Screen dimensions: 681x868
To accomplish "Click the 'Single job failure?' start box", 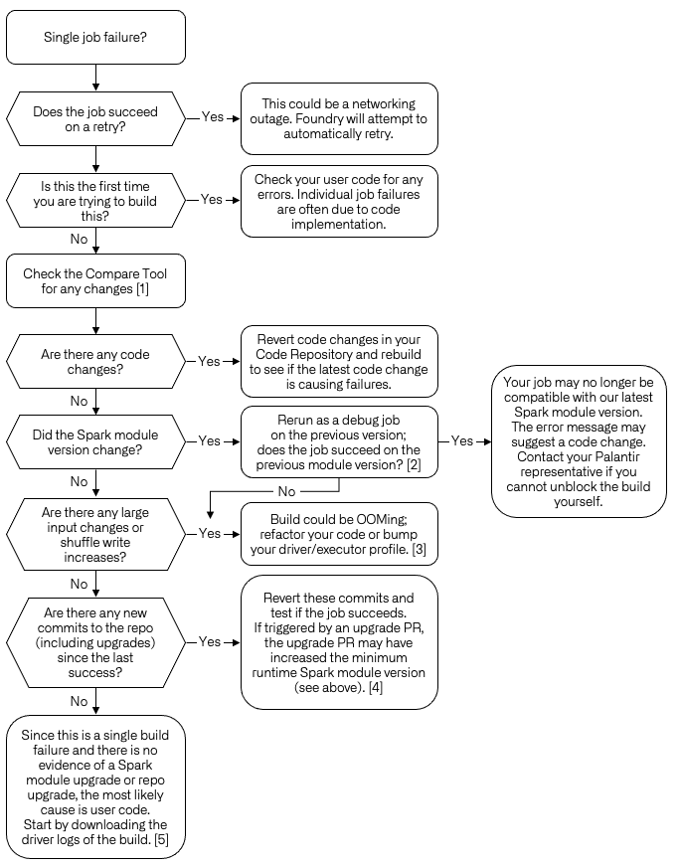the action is (x=95, y=37).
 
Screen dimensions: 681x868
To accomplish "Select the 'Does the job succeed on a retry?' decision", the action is (x=95, y=119).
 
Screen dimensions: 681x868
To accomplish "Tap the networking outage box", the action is (x=339, y=118).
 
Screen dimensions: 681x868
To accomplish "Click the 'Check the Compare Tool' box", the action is (x=95, y=280).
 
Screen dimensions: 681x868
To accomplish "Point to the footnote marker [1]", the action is (x=142, y=289).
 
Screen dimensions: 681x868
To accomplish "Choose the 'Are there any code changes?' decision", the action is (x=95, y=362).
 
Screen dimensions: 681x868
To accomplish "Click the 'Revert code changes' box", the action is (x=339, y=362).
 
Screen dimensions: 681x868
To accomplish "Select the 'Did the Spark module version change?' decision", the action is (x=95, y=441).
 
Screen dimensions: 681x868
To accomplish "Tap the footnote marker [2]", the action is (x=414, y=464).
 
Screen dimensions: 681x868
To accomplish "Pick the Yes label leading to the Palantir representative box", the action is (x=461, y=440).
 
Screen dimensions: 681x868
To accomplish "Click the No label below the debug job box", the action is (x=286, y=491).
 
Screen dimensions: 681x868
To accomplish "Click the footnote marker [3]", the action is (x=420, y=549).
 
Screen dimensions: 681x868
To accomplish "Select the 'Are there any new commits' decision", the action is (x=95, y=642).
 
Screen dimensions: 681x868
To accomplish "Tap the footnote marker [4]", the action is (x=376, y=687).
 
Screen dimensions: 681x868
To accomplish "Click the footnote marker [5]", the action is (x=161, y=839).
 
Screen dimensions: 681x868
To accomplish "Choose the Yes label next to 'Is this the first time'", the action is (x=211, y=199).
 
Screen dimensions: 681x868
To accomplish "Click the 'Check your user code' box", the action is (x=339, y=202).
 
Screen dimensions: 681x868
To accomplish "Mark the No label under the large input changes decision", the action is (x=80, y=584).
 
